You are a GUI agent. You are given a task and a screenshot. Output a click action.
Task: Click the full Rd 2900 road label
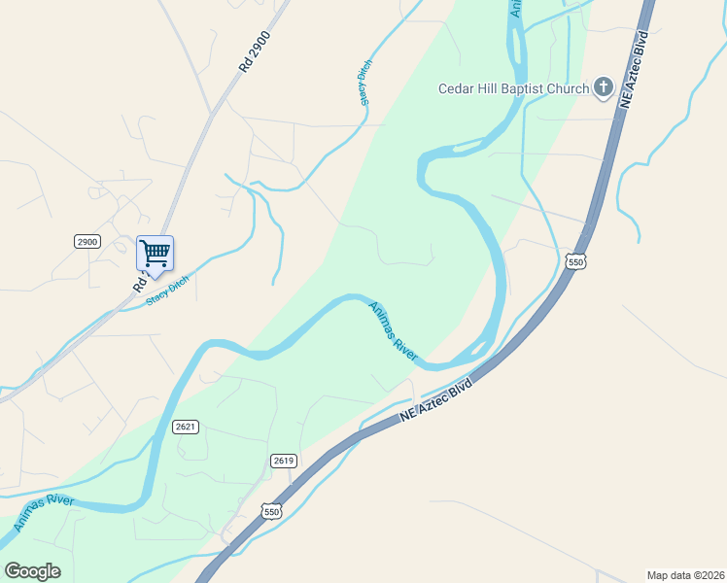254,52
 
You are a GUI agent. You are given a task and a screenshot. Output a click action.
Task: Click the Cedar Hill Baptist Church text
513,89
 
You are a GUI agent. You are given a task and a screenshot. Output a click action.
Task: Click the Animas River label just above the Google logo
45,514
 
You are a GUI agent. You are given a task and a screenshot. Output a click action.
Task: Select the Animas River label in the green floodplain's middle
393,331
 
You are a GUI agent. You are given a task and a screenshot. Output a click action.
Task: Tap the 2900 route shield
87,241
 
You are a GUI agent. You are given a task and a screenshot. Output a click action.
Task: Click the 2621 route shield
187,427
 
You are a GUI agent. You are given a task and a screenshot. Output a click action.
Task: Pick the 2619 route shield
283,461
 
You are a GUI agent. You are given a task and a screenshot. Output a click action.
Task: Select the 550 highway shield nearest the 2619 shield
272,510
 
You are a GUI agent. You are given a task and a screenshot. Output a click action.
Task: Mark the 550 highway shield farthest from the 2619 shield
576,262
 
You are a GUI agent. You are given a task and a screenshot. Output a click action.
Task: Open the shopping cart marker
155,255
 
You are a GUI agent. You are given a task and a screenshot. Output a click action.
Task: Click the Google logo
32,571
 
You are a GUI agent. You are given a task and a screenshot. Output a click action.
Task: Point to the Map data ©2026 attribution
686,575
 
